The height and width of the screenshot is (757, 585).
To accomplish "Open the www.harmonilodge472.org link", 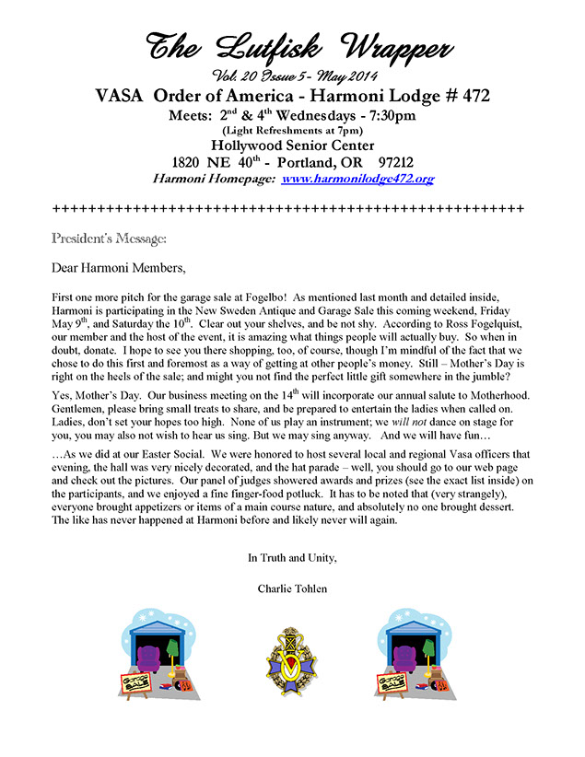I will click(x=357, y=178).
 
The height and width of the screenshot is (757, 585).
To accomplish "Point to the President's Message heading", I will click(x=109, y=239).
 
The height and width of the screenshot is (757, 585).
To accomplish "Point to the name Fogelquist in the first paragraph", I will click(x=486, y=340).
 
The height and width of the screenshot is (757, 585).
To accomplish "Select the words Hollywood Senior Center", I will click(x=292, y=145).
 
